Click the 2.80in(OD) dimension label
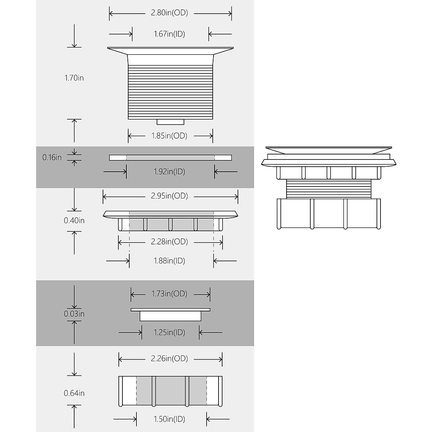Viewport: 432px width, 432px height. point(169,13)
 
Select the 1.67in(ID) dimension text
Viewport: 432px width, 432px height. point(169,34)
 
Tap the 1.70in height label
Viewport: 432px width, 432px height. point(74,78)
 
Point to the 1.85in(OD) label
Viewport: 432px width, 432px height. point(169,136)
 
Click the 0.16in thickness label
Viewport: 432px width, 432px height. point(52,157)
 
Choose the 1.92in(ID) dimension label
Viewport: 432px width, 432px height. point(169,172)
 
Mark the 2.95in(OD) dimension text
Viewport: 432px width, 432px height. point(169,196)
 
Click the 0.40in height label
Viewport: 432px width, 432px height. point(74,220)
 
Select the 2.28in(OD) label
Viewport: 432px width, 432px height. point(169,242)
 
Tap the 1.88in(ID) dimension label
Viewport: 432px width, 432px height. point(169,261)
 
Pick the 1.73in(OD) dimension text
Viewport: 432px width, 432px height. point(169,294)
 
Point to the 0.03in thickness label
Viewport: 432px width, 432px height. point(74,314)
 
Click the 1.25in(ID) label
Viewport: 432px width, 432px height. point(169,332)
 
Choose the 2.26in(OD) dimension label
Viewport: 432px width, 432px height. point(169,359)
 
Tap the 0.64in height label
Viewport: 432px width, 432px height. point(74,393)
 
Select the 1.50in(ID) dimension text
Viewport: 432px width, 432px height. point(169,419)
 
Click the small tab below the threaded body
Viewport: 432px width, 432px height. point(170,122)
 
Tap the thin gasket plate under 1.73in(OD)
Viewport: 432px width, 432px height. point(170,310)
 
